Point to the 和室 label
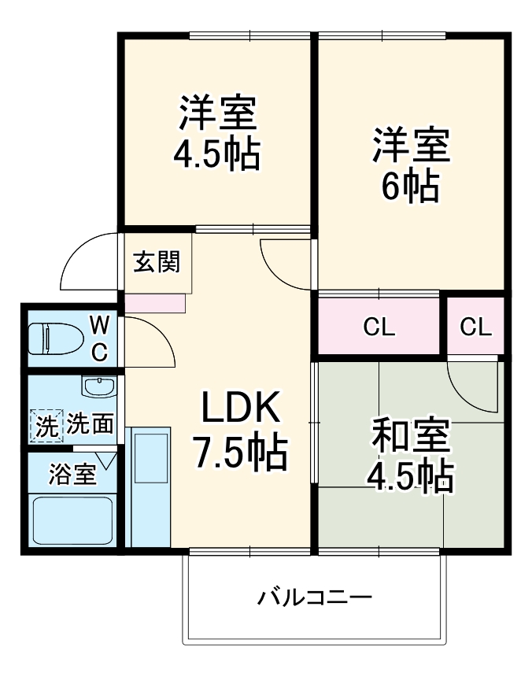(x=410, y=434)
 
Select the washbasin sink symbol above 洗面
(x=98, y=387)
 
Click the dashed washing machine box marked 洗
(x=46, y=425)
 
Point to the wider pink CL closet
(x=379, y=327)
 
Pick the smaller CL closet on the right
(x=475, y=327)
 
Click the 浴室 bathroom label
(x=72, y=475)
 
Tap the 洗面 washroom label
(x=89, y=425)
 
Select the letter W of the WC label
(x=99, y=323)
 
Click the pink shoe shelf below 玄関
(x=154, y=303)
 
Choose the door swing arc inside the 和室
(x=472, y=386)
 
